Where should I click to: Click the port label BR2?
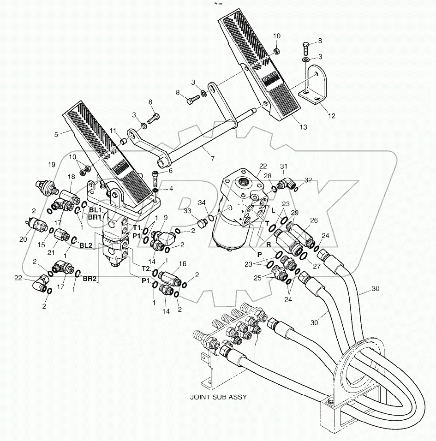coord(89,279)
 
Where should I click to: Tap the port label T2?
coord(144,268)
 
